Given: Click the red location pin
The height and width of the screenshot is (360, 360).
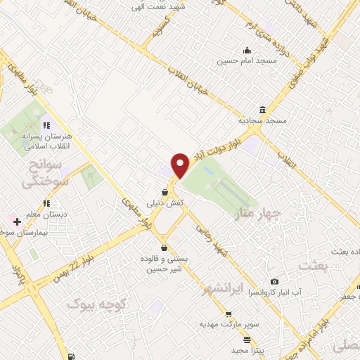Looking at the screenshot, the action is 181,165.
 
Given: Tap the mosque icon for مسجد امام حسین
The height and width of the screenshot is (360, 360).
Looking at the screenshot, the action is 247,50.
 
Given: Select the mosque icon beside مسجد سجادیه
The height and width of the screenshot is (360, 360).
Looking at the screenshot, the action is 262,110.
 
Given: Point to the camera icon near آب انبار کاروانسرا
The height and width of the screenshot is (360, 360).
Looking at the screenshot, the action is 275,281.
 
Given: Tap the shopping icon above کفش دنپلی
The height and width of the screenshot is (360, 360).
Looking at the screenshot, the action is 165,191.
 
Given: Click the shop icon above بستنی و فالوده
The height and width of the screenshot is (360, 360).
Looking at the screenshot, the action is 165,247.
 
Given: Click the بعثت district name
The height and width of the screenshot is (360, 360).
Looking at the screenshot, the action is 313,266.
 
